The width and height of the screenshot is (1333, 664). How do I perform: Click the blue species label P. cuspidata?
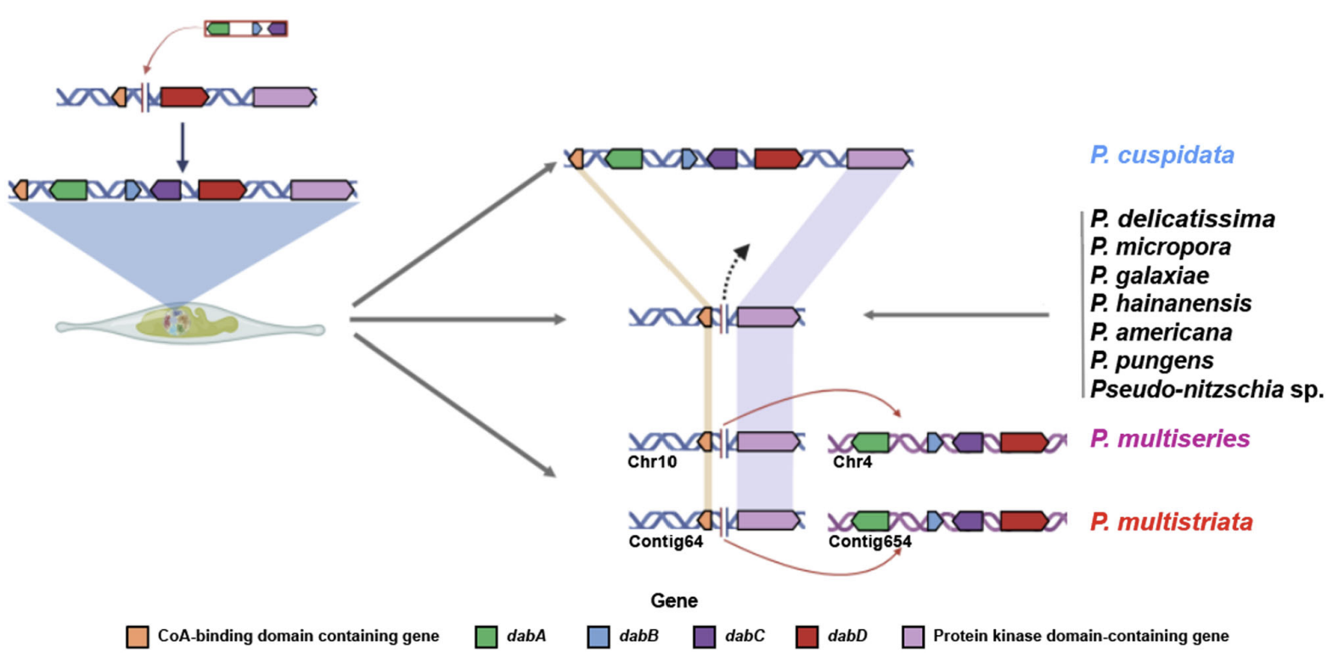[x=1161, y=155]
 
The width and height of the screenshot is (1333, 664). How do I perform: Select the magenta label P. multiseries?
[x=1169, y=439]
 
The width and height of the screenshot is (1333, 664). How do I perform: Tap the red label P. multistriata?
[x=1171, y=521]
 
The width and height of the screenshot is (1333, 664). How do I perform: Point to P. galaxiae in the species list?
[x=1150, y=275]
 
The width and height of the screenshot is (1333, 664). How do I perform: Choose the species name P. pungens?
[x=1151, y=360]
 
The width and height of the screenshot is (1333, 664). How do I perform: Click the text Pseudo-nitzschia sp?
[x=1206, y=390]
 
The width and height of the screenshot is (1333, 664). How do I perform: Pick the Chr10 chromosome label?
[x=652, y=462]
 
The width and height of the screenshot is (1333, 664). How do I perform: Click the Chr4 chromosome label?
[x=852, y=462]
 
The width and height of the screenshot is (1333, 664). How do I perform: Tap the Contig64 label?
[x=666, y=542]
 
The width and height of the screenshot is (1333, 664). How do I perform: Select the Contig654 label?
[x=869, y=542]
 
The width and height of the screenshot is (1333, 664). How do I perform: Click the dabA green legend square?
[x=486, y=637]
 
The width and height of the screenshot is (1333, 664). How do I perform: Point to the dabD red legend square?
[x=807, y=637]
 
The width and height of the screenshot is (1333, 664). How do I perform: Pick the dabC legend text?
[x=745, y=636]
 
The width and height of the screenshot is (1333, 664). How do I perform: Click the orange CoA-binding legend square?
[x=137, y=637]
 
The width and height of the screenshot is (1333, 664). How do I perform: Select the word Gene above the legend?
[x=674, y=600]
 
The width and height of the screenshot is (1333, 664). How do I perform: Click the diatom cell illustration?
[x=189, y=324]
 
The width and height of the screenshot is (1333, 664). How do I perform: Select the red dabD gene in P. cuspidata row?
[x=777, y=158]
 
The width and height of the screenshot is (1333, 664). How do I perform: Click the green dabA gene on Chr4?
[x=870, y=442]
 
